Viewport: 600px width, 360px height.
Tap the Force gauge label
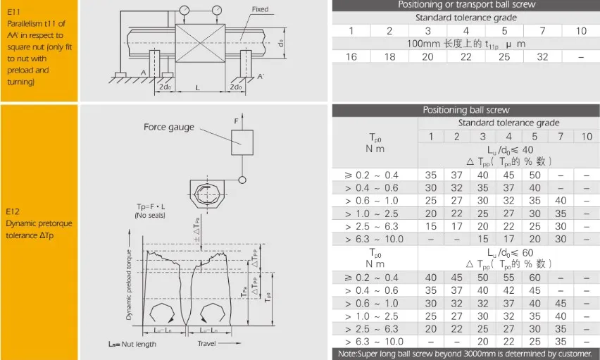[x=168, y=128]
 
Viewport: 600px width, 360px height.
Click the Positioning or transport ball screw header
[x=466, y=5]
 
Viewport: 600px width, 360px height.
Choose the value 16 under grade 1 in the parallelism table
[x=351, y=57]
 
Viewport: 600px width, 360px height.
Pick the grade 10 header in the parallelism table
[x=581, y=31]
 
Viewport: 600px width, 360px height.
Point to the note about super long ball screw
[x=466, y=354]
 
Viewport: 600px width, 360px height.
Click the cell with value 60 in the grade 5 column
[x=535, y=278]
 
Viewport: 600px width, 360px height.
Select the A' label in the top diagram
[x=261, y=76]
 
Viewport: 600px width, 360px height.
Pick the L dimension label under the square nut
[x=198, y=87]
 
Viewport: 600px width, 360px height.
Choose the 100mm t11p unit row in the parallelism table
[x=466, y=44]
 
